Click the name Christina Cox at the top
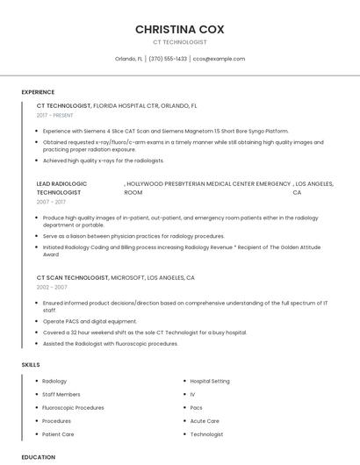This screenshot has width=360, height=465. tap(179, 29)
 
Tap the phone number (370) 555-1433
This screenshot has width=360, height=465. tap(168, 59)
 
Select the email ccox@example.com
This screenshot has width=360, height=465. tap(220, 59)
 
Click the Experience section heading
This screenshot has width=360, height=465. tap(38, 92)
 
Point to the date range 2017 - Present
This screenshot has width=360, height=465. tap(55, 115)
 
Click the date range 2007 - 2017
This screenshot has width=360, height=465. tap(51, 202)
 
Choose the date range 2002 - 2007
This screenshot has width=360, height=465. tap(52, 287)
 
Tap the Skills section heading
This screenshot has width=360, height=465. tap(31, 364)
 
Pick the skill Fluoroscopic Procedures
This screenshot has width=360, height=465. tap(73, 407)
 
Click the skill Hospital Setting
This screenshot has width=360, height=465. tap(210, 381)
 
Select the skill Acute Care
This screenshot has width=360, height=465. tap(205, 420)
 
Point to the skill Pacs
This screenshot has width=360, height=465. tap(196, 407)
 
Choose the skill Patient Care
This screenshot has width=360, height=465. tap(58, 433)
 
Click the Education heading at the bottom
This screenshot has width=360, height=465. tap(38, 457)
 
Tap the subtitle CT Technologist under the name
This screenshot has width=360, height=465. tap(179, 41)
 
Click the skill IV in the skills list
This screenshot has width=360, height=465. tap(192, 394)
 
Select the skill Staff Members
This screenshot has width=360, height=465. tap(61, 394)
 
